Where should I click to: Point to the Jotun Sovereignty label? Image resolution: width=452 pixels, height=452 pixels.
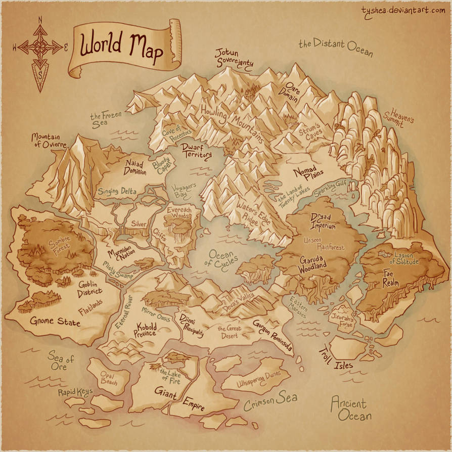tap(234, 57)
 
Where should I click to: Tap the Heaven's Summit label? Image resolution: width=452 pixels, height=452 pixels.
tap(402, 117)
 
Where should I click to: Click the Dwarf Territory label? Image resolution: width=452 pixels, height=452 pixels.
tap(196, 151)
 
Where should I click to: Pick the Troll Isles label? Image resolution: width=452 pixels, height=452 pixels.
tap(335, 357)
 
